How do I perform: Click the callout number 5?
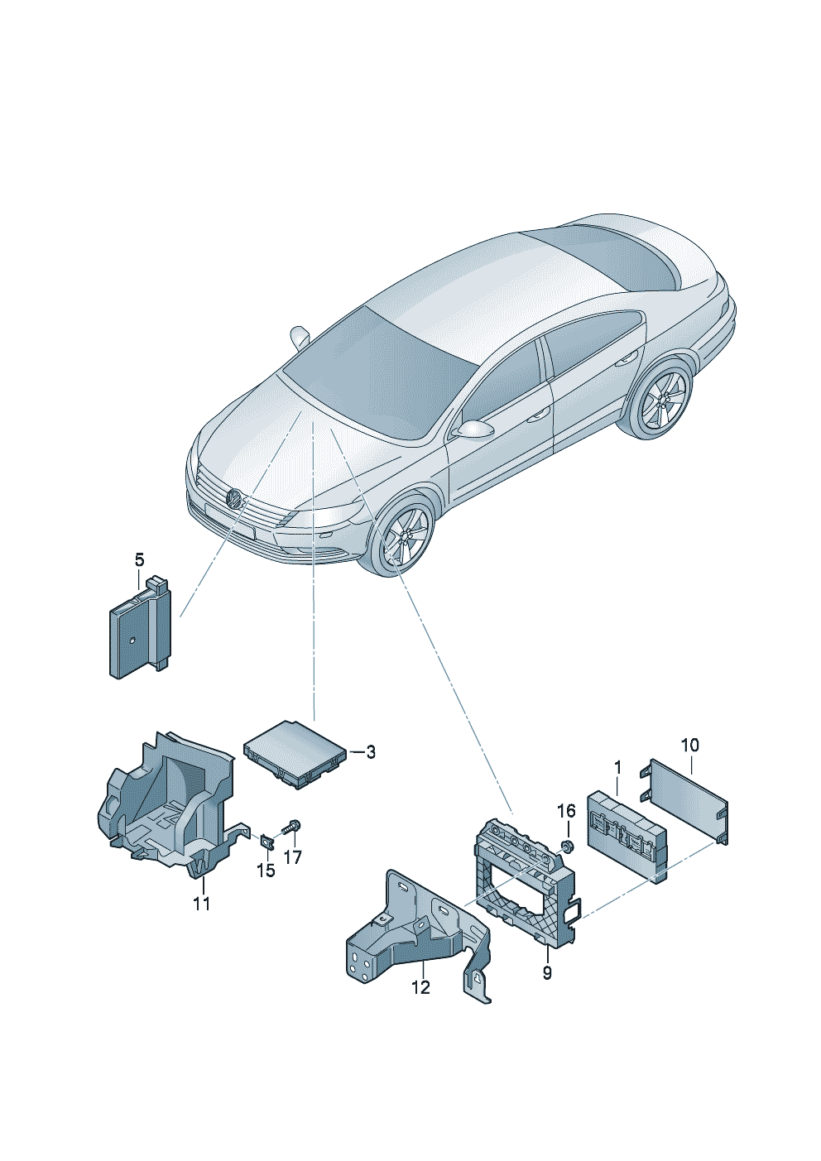pyautogui.click(x=139, y=560)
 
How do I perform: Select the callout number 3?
pyautogui.click(x=371, y=752)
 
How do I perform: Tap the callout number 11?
pyautogui.click(x=202, y=904)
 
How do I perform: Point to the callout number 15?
pyautogui.click(x=265, y=871)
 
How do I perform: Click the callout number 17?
pyautogui.click(x=293, y=858)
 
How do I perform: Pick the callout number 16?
pyautogui.click(x=565, y=810)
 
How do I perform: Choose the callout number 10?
pyautogui.click(x=689, y=745)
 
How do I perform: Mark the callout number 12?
pyautogui.click(x=421, y=987)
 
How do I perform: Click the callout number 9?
pyautogui.click(x=547, y=973)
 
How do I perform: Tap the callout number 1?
pyautogui.click(x=617, y=768)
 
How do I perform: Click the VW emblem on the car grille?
pyautogui.click(x=235, y=499)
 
